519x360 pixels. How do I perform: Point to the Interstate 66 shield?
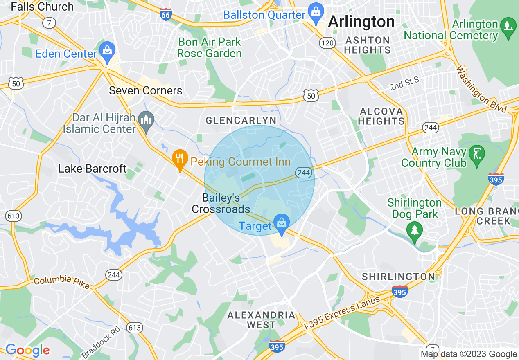[165, 15]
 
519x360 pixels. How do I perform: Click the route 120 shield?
[328, 43]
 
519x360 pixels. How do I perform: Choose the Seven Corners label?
[145, 90]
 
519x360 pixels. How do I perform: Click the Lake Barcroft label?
[93, 169]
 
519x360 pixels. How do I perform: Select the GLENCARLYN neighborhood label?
[241, 120]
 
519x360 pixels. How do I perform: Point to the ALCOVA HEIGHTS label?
[381, 116]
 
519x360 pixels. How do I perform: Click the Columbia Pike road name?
[61, 282]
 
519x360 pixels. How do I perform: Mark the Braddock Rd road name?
[102, 342]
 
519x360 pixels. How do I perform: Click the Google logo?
[27, 350]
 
